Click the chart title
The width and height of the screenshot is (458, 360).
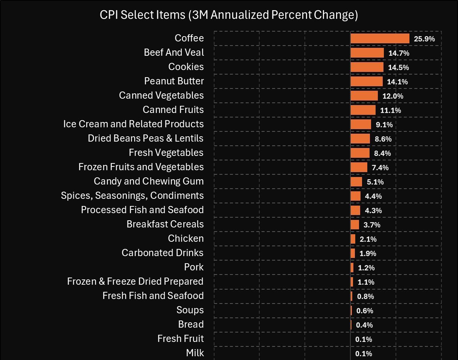tap(228, 15)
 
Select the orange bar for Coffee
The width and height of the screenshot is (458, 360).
tap(380, 38)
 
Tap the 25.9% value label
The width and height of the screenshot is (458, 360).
tap(425, 39)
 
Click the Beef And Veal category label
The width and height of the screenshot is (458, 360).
tap(174, 52)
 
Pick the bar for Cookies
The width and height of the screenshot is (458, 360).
tap(367, 67)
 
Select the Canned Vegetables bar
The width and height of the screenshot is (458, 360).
tap(364, 96)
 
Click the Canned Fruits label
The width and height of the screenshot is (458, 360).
tap(173, 110)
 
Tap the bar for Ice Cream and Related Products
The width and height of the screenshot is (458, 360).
tap(361, 124)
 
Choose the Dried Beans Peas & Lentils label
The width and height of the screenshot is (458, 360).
tap(146, 138)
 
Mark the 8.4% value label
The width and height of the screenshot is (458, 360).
tap(383, 153)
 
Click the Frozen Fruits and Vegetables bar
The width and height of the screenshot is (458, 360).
tap(359, 167)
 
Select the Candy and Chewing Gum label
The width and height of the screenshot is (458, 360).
tap(149, 181)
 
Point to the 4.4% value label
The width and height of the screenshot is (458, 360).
tap(373, 196)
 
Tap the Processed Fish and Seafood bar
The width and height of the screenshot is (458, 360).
tap(355, 210)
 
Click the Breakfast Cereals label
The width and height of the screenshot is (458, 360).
tap(165, 224)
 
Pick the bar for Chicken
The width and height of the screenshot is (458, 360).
tap(353, 239)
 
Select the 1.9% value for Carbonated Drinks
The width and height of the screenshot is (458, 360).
tap(368, 253)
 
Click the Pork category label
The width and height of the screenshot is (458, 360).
tap(194, 267)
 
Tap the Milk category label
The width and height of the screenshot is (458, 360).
tap(195, 353)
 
